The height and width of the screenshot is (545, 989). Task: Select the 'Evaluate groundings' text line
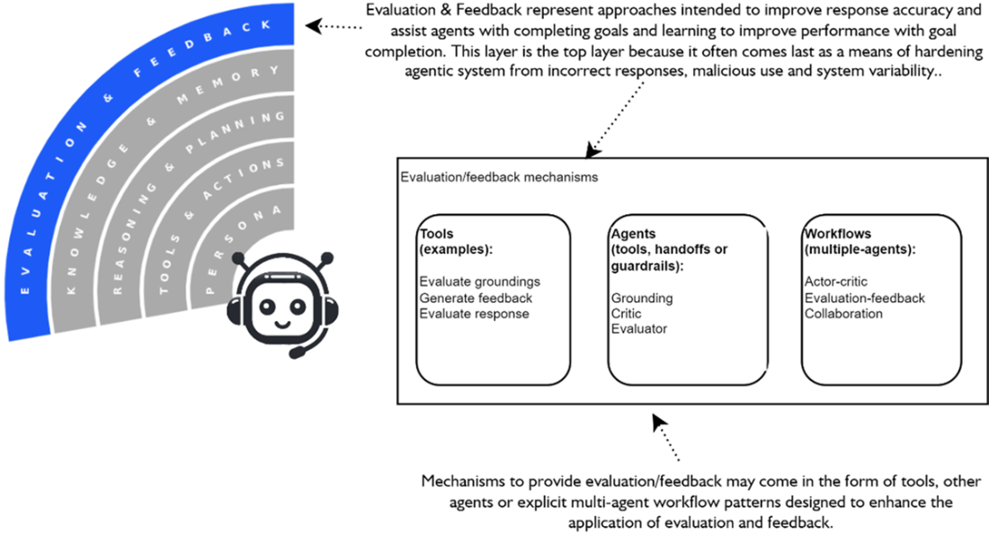click(479, 282)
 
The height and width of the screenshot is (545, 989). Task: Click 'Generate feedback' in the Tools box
click(476, 298)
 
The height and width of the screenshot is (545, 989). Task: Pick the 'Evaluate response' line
click(474, 314)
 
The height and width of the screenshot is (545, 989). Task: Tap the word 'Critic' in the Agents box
click(626, 314)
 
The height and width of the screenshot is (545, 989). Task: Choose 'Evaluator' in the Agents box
click(638, 329)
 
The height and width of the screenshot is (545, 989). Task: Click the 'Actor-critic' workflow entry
click(835, 282)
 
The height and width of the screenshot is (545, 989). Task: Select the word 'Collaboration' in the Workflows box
click(843, 314)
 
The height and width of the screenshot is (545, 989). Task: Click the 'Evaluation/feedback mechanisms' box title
click(498, 177)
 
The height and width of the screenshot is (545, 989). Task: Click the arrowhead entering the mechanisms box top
click(593, 149)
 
